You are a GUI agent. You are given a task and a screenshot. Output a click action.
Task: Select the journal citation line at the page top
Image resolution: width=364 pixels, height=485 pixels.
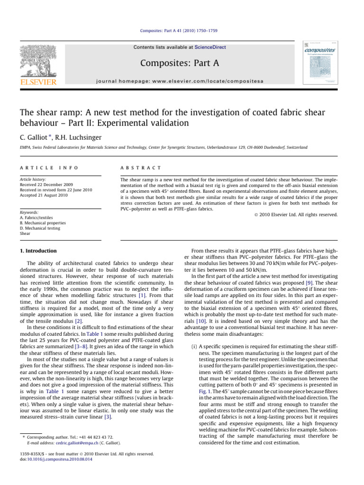coord(182,31)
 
